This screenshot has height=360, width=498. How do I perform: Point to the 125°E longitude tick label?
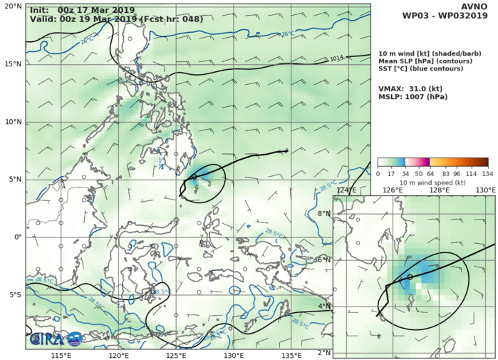(x=177, y=355)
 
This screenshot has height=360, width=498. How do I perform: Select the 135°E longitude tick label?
(x=292, y=355)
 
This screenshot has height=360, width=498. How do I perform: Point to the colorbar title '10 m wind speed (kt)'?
(x=432, y=183)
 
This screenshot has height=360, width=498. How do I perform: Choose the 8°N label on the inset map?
(x=324, y=214)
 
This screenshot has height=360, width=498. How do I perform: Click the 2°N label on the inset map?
(x=324, y=353)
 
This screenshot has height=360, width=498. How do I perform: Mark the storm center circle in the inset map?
(x=410, y=277)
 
